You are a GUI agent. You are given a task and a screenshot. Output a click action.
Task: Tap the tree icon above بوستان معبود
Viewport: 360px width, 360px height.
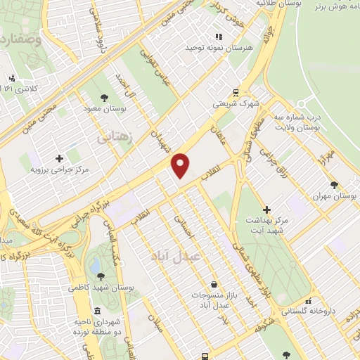pos(104,98)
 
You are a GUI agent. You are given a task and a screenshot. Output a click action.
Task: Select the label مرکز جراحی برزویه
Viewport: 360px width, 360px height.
pos(59,169)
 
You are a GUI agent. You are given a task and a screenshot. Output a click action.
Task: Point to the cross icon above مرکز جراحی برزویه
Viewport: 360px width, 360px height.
pos(59,158)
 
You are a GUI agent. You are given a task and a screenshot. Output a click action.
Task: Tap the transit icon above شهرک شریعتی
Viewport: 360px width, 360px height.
pos(236,91)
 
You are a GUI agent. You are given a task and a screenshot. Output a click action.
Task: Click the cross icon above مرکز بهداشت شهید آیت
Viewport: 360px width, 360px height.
pos(266,209)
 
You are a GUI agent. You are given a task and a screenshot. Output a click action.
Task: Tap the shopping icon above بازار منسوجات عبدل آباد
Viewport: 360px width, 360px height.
pos(213,284)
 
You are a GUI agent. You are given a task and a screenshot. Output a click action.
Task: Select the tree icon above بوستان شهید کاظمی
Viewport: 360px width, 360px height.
pos(103,276)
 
